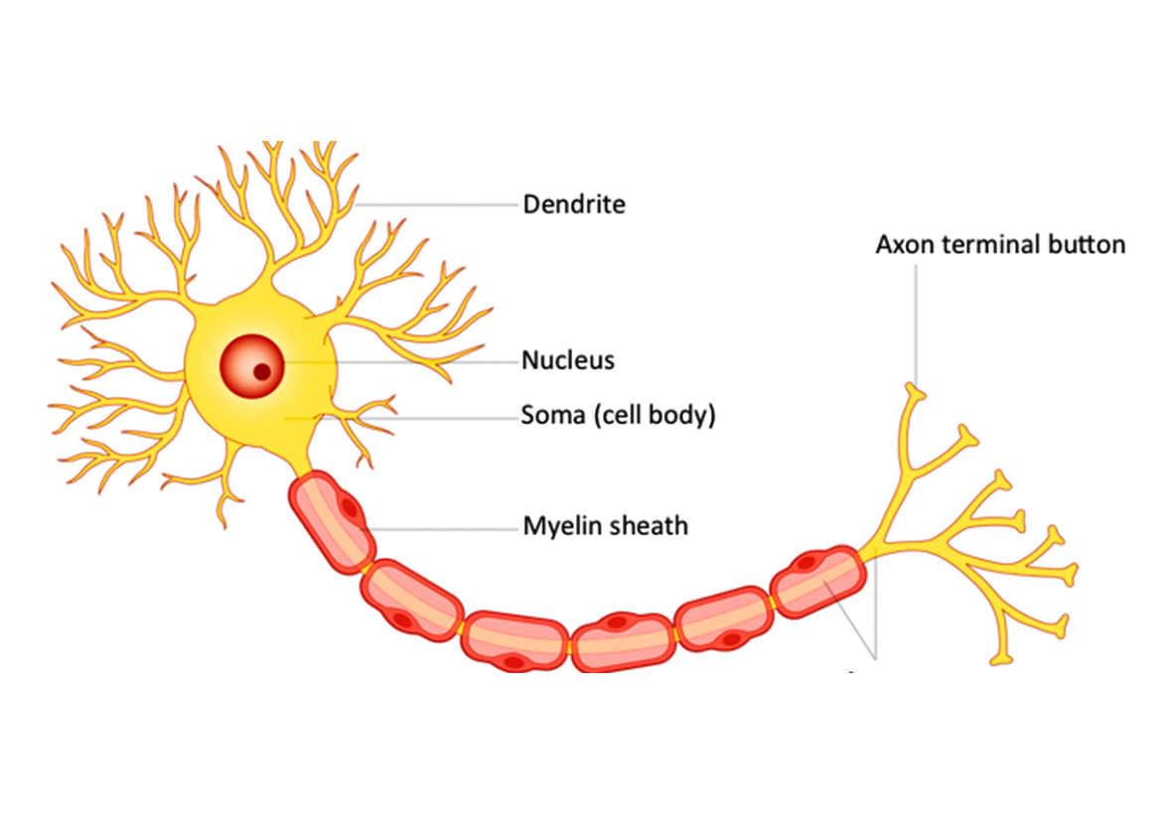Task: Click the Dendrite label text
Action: pos(574,205)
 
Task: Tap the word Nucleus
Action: pos(568,360)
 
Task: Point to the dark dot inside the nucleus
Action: pos(262,372)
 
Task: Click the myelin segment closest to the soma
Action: pos(332,522)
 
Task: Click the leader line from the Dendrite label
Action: pos(437,204)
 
